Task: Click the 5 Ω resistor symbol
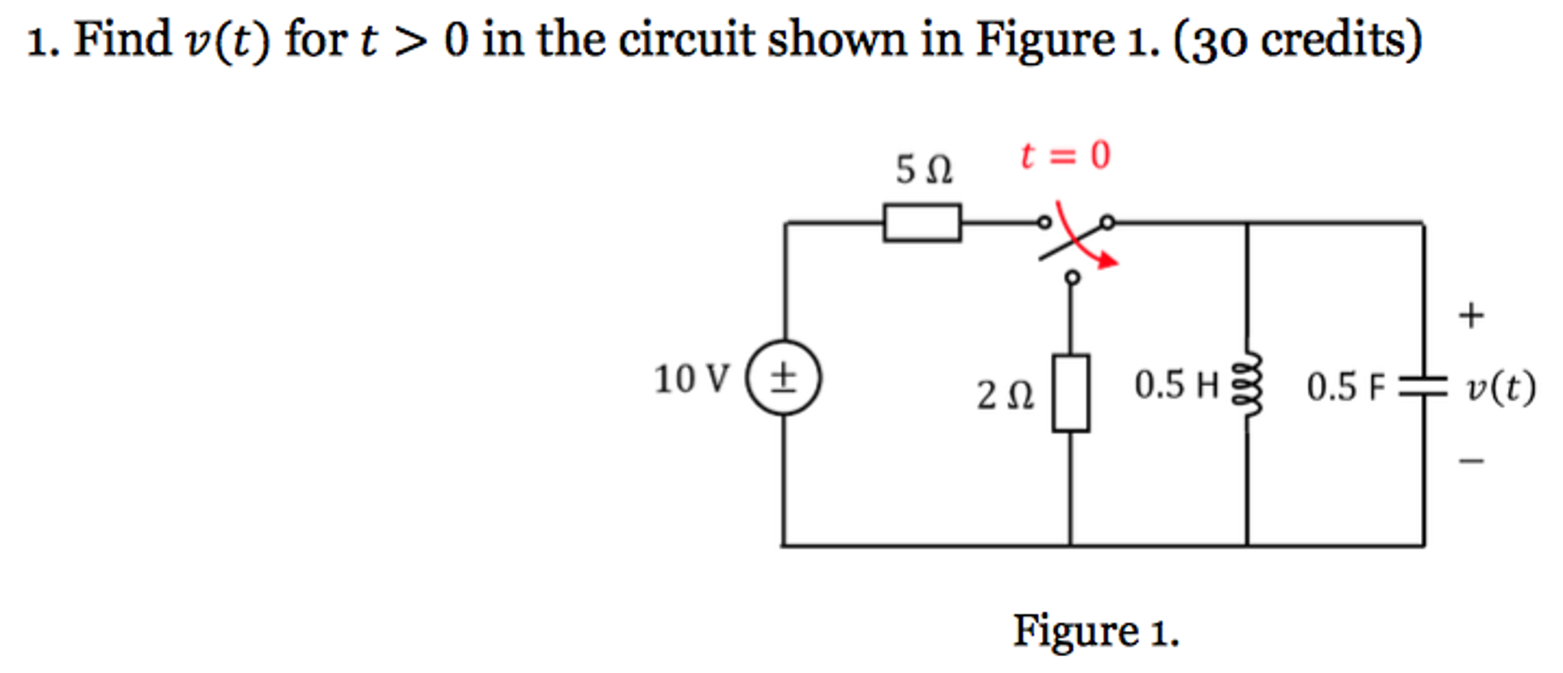(922, 222)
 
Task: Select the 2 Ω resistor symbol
(1070, 393)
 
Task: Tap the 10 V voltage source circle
(783, 377)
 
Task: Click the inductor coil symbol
(1247, 385)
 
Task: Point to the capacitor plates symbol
(1422, 387)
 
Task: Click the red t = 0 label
(1065, 155)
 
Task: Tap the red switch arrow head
(1109, 262)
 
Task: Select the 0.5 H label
(1176, 384)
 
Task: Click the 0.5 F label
(1345, 387)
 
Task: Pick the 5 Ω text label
(924, 169)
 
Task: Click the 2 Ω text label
(1005, 395)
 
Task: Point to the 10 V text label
(691, 379)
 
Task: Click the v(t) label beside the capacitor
(1500, 387)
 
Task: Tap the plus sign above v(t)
(1471, 315)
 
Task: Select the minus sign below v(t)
(1471, 461)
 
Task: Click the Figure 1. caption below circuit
(1095, 631)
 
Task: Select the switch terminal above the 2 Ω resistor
(1073, 277)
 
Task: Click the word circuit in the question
(686, 40)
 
